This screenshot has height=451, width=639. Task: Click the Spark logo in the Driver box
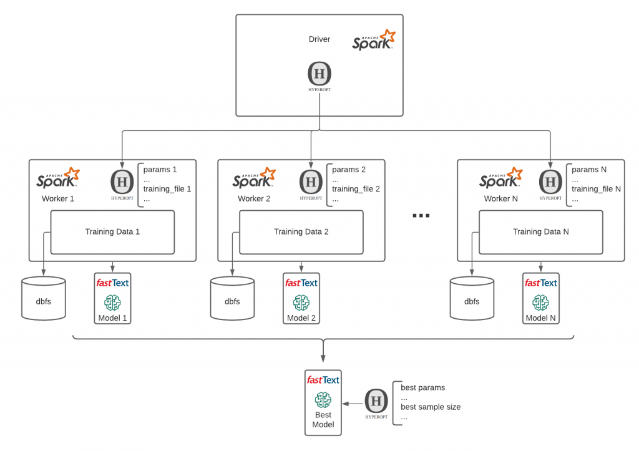pyautogui.click(x=374, y=40)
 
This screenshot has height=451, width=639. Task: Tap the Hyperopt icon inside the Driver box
pyautogui.click(x=319, y=75)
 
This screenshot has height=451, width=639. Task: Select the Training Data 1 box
pyautogui.click(x=112, y=231)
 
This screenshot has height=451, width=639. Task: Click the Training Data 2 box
pyautogui.click(x=301, y=231)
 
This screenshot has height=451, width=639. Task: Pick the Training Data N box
pyautogui.click(x=540, y=231)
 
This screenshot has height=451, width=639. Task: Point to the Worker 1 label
pyautogui.click(x=58, y=198)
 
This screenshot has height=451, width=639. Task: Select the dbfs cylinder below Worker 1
pyautogui.click(x=44, y=301)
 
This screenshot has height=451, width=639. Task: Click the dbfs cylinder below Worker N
pyautogui.click(x=472, y=301)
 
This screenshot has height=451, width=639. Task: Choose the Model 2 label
pyautogui.click(x=301, y=318)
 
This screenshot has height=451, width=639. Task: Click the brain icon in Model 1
pyautogui.click(x=112, y=302)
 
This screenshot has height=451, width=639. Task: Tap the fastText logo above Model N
pyautogui.click(x=540, y=283)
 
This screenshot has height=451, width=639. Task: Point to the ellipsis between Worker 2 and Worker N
pyautogui.click(x=421, y=215)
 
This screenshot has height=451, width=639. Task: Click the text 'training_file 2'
pyautogui.click(x=356, y=189)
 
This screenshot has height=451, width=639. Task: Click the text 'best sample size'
pyautogui.click(x=431, y=407)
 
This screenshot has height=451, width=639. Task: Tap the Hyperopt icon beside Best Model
pyautogui.click(x=375, y=402)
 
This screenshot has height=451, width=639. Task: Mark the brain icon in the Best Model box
pyautogui.click(x=323, y=399)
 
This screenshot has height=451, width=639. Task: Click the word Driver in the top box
pyautogui.click(x=319, y=39)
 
